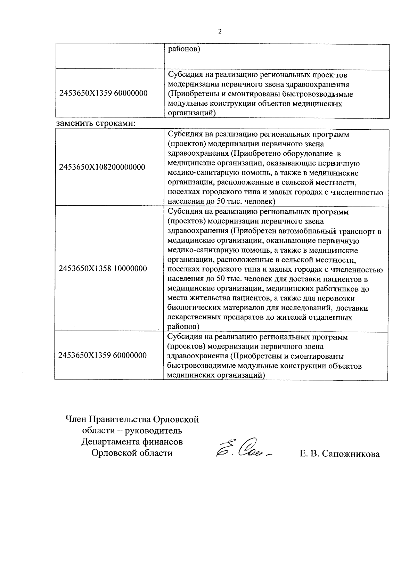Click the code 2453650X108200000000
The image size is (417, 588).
point(102,167)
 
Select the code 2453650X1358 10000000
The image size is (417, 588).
point(103,268)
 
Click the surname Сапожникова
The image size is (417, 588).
point(351,454)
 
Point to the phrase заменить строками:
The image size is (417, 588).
point(96,123)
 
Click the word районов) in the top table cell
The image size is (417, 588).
point(184,49)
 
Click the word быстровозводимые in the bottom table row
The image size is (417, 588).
point(199,366)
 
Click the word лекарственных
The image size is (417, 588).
point(192,317)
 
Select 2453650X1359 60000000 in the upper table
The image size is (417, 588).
point(104,93)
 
